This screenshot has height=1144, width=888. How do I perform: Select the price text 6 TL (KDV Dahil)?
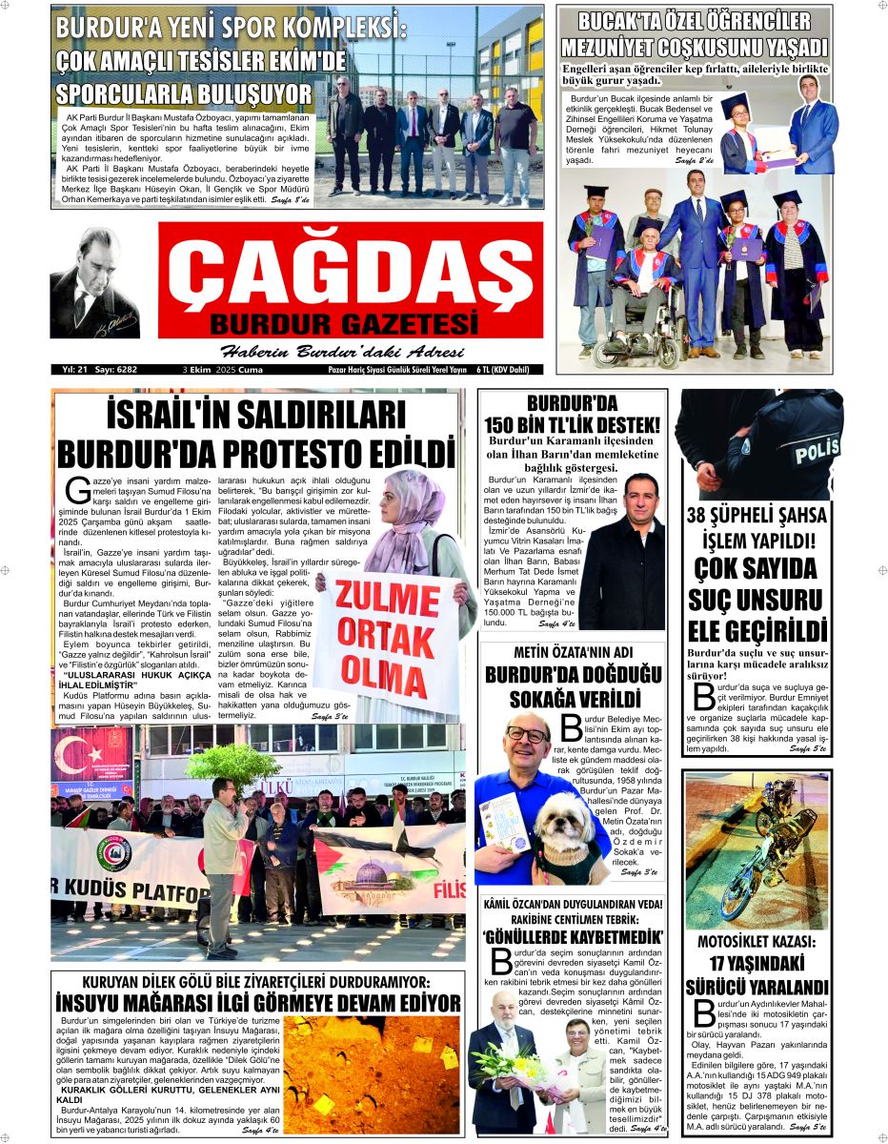(513, 369)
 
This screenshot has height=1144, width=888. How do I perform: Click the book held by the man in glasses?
(504, 819)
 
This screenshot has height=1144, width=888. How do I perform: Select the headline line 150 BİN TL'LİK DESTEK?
(572, 424)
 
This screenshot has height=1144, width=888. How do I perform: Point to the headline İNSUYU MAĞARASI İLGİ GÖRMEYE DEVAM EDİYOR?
(257, 1003)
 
